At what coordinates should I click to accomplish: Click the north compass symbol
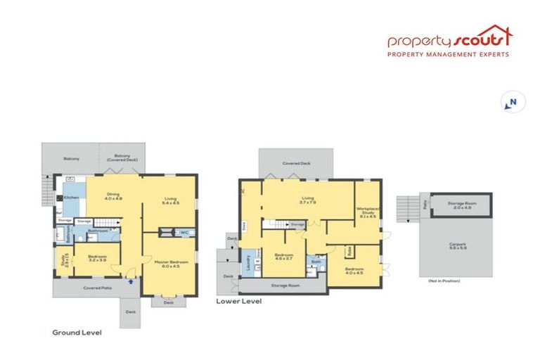point(511,103)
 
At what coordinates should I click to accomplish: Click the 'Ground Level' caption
point(77,332)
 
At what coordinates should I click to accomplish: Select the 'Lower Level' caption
point(238,301)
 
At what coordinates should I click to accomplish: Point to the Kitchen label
point(71,198)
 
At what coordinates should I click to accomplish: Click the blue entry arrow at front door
point(132,281)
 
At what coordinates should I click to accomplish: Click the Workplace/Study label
point(368,212)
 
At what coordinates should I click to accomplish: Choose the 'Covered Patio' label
point(96,288)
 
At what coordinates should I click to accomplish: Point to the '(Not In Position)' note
point(444,281)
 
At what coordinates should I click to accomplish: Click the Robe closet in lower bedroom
point(348,250)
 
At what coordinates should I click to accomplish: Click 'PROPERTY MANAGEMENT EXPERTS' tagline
point(449,54)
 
